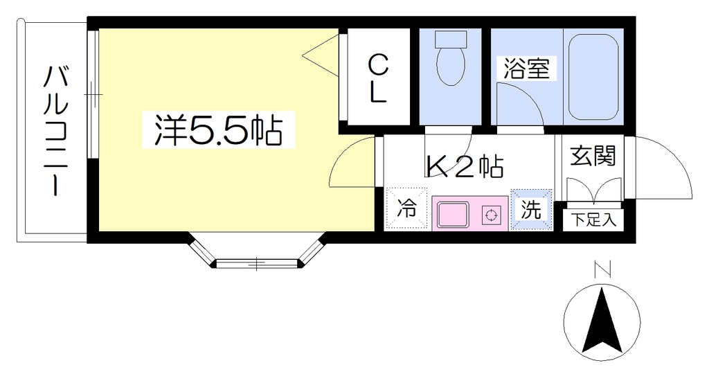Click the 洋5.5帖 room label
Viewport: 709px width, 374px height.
pyautogui.click(x=218, y=130)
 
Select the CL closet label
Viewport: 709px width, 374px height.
pyautogui.click(x=378, y=79)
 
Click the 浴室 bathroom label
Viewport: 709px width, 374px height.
pyautogui.click(x=526, y=69)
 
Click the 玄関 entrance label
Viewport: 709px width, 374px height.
pyautogui.click(x=593, y=156)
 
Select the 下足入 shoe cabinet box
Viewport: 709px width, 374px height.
pyautogui.click(x=593, y=220)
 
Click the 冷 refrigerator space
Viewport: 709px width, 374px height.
pyautogui.click(x=406, y=209)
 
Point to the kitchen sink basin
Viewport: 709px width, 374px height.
pyautogui.click(x=452, y=215)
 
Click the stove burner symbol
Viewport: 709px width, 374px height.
pyautogui.click(x=491, y=215)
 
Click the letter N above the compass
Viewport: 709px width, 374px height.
pyautogui.click(x=602, y=269)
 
